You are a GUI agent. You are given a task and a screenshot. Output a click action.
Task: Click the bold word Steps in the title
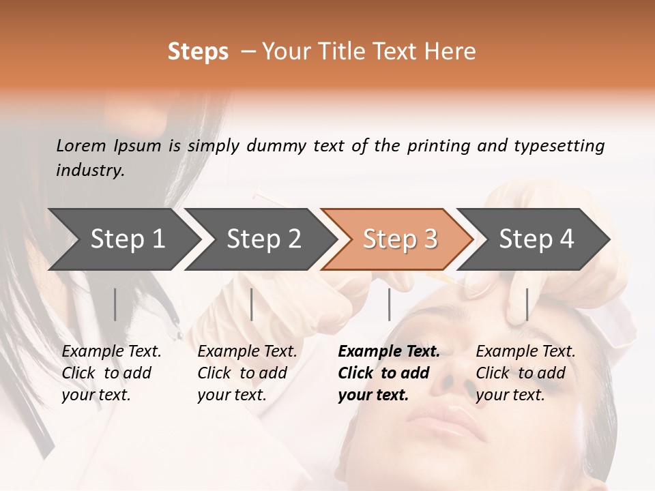pos(198,52)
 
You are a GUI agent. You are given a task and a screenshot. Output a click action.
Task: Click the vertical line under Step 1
pos(115,304)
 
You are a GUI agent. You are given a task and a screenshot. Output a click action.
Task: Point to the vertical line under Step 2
pos(252,304)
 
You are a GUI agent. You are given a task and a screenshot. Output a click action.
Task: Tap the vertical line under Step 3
pos(389,304)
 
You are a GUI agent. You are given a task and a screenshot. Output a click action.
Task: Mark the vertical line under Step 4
pos(527,304)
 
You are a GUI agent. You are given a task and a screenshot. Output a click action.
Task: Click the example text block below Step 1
pos(111,373)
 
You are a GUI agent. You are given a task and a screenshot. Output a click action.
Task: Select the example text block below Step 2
pos(247,373)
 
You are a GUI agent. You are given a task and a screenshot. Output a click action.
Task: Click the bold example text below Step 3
pos(388,373)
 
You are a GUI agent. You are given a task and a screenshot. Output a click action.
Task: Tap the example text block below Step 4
pos(525,373)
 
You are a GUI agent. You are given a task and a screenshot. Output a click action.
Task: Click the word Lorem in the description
pos(81,145)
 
